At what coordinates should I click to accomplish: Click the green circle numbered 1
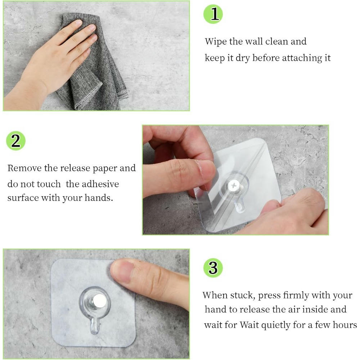pos(213,14)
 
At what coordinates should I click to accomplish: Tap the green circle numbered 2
pos(16,141)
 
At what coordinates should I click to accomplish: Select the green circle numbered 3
pos(213,268)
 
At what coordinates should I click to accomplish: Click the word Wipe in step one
pos(215,42)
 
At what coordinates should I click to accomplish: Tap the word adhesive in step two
pos(100,184)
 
